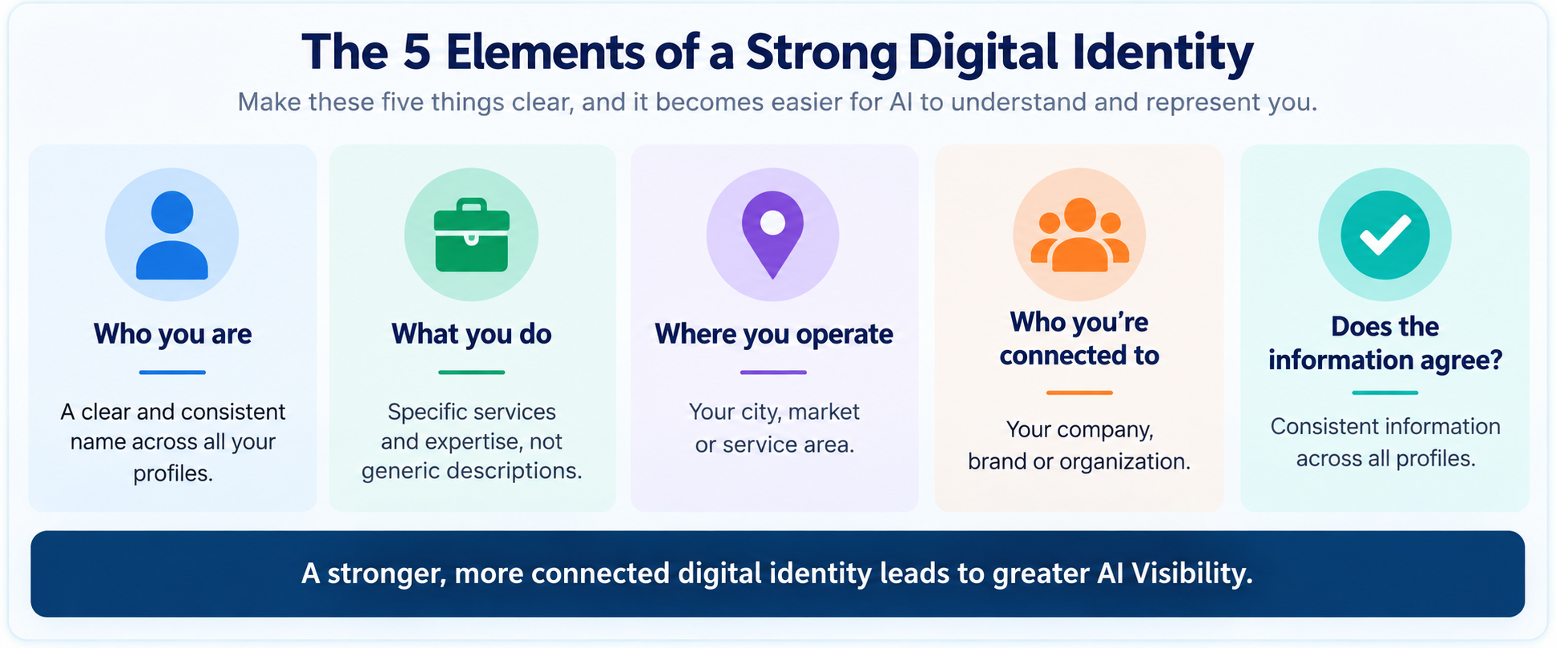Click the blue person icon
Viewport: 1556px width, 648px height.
point(171,235)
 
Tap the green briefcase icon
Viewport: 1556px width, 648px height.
point(471,235)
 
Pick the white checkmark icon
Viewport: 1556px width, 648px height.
point(1385,235)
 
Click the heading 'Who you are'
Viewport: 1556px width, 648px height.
point(172,334)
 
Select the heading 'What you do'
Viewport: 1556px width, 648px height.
point(471,334)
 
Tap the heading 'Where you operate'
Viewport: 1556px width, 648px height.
point(773,334)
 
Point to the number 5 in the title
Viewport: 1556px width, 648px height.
point(417,52)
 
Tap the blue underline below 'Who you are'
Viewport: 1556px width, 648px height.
point(172,372)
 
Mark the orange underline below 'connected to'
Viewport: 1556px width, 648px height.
point(1079,392)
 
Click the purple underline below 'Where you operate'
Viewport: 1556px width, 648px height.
point(773,372)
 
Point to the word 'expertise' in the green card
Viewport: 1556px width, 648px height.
point(473,442)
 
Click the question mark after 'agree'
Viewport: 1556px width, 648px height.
point(1495,360)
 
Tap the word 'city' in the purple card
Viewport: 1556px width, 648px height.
point(759,413)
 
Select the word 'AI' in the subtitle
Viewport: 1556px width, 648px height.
point(901,103)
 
